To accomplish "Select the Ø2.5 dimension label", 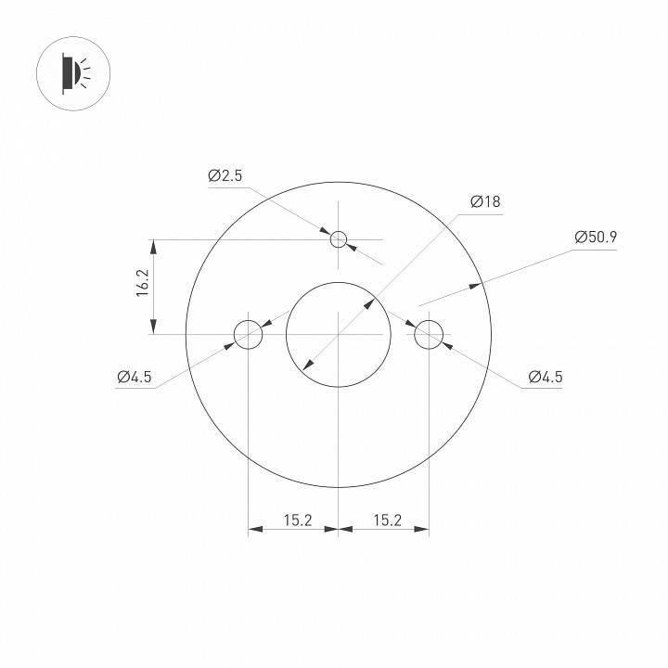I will (225, 175).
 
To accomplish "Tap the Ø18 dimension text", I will (485, 202).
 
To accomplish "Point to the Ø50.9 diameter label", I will (596, 237).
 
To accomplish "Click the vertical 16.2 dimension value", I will (142, 283).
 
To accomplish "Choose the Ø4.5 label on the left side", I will (135, 377).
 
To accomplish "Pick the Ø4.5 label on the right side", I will (545, 377).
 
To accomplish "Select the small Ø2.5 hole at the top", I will (339, 239).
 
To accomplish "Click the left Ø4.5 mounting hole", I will (249, 334).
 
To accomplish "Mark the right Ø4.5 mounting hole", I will (429, 334).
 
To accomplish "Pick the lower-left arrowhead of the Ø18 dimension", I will (307, 365).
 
